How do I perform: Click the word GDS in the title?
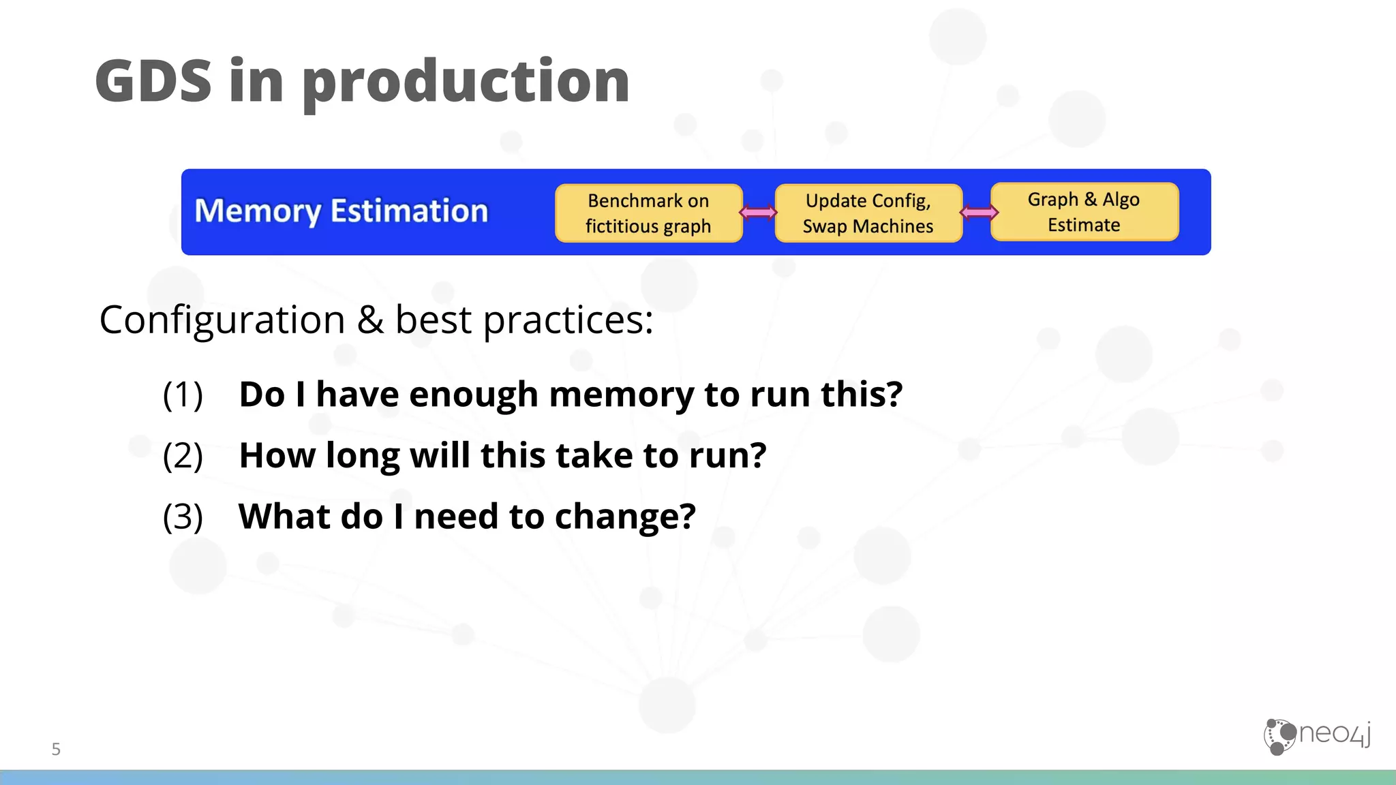coord(154,81)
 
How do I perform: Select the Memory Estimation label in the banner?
coord(342,211)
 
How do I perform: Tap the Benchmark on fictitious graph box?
coord(648,213)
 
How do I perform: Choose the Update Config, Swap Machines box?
coord(868,213)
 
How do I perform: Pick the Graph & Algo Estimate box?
coord(1084,212)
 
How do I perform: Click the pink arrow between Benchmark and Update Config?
coord(758,213)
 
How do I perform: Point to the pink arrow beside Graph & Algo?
coord(978,213)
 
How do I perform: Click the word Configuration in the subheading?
coord(222,320)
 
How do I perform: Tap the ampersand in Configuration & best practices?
coord(370,320)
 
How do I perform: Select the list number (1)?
coord(183,395)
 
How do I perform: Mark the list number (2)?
coord(183,456)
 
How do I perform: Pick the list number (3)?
coord(183,517)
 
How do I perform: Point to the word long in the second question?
coord(362,456)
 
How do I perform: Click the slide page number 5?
coord(56,750)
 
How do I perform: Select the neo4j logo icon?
coord(1279,737)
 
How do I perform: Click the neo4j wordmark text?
coord(1335,735)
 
